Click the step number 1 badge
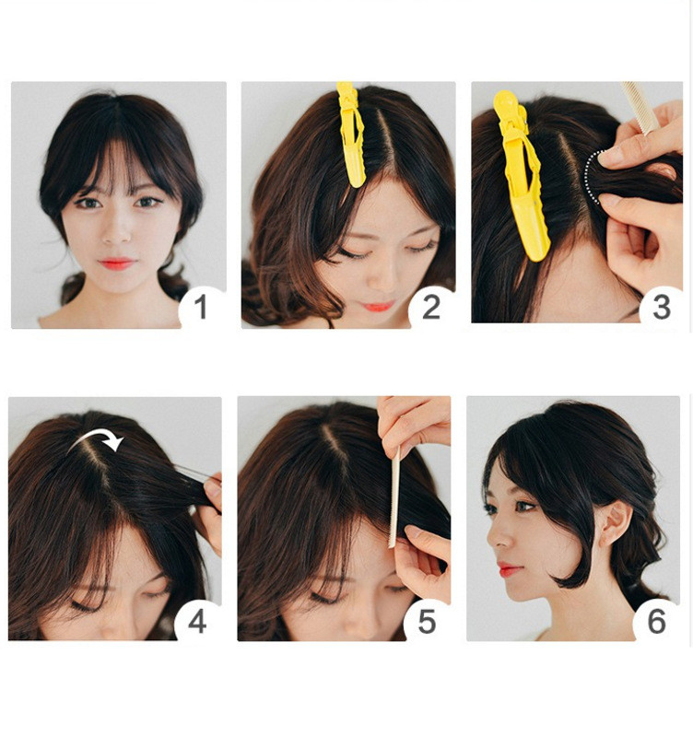(x=202, y=308)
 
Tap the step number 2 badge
(x=431, y=308)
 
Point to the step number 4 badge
(x=197, y=622)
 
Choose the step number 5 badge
(x=427, y=622)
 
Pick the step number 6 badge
(x=656, y=622)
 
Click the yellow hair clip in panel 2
(x=352, y=134)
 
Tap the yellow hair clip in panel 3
(x=522, y=175)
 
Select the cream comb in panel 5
(x=393, y=497)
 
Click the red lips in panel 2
(x=378, y=307)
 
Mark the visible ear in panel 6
(x=616, y=524)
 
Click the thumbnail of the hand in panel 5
(x=413, y=532)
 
